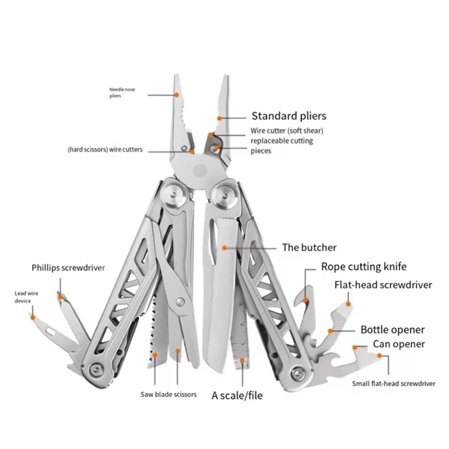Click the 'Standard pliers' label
coord(288,116)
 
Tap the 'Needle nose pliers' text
coord(122,93)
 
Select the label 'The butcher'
coord(309,247)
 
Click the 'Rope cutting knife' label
coord(364,267)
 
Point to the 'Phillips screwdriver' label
coord(68,268)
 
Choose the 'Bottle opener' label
coord(392,329)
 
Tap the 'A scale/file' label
coord(237,395)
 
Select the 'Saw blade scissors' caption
coord(168,395)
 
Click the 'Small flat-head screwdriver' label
coord(393,384)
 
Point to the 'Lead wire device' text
coord(23,297)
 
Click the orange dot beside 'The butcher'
coord(224,247)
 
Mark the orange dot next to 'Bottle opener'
coord(331,331)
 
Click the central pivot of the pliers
coord(199,168)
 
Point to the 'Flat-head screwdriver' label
coord(383,285)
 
